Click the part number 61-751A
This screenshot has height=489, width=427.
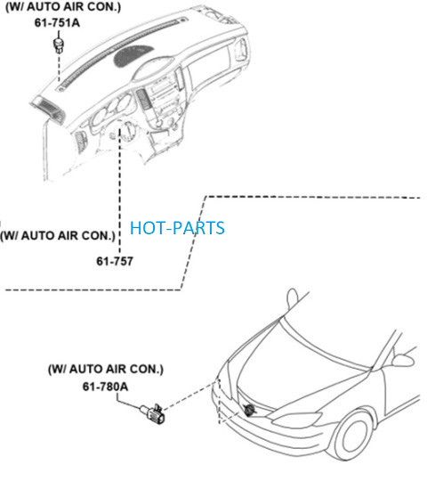(x=57, y=23)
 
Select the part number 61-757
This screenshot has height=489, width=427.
(x=115, y=261)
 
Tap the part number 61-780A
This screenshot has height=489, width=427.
(x=105, y=387)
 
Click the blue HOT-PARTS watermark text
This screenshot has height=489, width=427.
(x=177, y=228)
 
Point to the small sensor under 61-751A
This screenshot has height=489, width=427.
(x=58, y=45)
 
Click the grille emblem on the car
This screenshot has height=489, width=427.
(x=249, y=410)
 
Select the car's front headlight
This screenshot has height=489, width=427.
(x=297, y=420)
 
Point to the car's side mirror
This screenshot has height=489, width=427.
(x=403, y=360)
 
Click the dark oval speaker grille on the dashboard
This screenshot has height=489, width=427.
(x=133, y=56)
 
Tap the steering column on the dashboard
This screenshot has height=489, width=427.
(x=127, y=130)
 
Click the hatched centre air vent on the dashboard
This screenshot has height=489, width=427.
(x=143, y=99)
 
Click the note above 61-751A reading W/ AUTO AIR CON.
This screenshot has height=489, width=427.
(x=63, y=7)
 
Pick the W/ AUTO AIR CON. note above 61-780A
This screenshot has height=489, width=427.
(x=106, y=370)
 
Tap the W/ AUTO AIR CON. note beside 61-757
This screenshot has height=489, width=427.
(x=58, y=235)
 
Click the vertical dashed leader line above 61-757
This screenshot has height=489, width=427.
(x=119, y=191)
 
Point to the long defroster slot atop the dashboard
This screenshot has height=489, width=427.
(x=123, y=53)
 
